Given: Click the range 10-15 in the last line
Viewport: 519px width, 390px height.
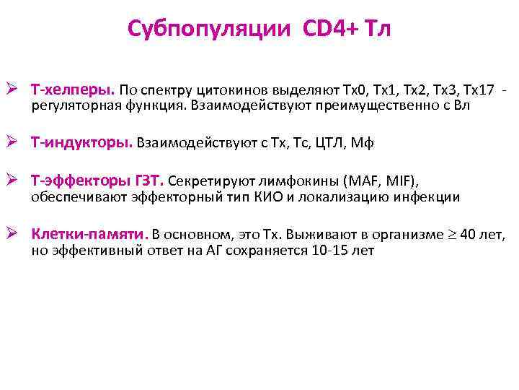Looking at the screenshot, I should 330,251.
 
